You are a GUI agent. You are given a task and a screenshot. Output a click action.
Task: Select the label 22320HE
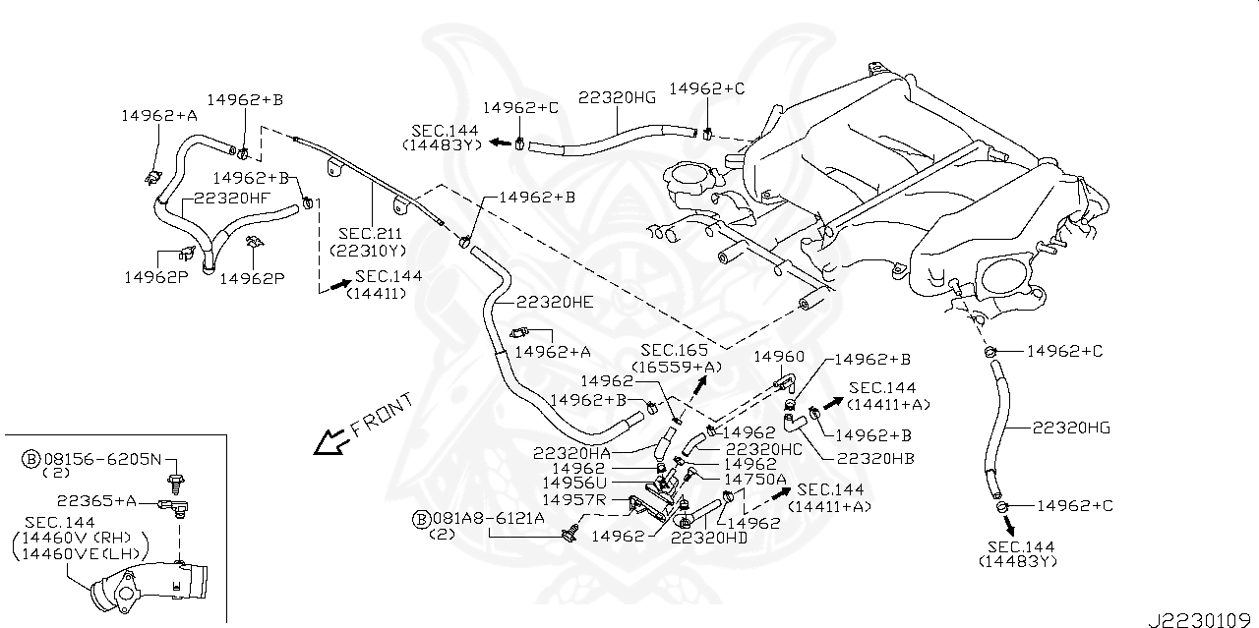tap(555, 303)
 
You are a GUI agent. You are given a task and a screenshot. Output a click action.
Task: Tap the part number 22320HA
tap(571, 453)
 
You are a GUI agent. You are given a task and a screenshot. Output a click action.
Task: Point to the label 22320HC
tap(762, 448)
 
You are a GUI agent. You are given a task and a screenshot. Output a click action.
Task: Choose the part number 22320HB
tap(874, 458)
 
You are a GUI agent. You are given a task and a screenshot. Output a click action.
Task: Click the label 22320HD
tap(709, 537)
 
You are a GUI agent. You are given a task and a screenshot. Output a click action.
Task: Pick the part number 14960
tap(778, 357)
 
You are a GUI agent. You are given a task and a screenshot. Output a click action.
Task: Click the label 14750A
tap(755, 479)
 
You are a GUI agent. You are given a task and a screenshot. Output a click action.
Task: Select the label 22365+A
tap(97, 501)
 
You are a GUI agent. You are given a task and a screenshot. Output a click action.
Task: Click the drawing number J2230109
tap(1201, 619)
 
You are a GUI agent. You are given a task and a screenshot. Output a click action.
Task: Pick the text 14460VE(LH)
tap(79, 554)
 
